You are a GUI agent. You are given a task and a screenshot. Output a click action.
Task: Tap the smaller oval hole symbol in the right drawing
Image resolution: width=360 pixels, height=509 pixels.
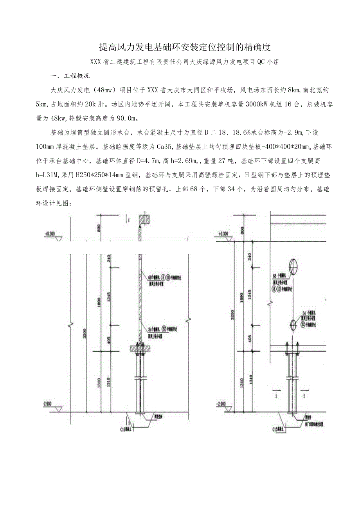[293, 324]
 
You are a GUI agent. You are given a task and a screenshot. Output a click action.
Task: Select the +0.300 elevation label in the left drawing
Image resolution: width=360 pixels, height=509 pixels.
[50, 234]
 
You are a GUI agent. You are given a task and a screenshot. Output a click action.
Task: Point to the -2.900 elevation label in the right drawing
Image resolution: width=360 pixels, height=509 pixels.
[221, 403]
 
